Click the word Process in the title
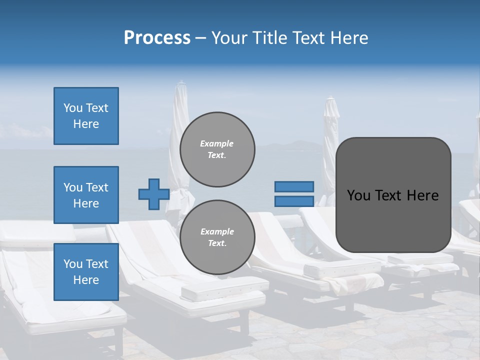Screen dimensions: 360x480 [157, 38]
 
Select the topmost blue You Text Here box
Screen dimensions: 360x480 [86, 116]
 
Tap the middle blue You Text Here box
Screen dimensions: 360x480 [86, 195]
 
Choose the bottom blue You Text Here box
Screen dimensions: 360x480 [86, 271]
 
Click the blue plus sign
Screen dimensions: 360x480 [154, 194]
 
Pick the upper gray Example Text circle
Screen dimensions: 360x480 [217, 149]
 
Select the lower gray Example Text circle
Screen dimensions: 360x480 [217, 237]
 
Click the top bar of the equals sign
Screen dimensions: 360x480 [294, 186]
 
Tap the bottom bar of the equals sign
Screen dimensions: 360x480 [294, 201]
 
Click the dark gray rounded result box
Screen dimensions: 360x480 [393, 220]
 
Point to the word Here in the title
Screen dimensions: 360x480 [348, 38]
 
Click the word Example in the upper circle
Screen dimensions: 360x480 [216, 143]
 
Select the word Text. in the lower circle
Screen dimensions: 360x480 [217, 243]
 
